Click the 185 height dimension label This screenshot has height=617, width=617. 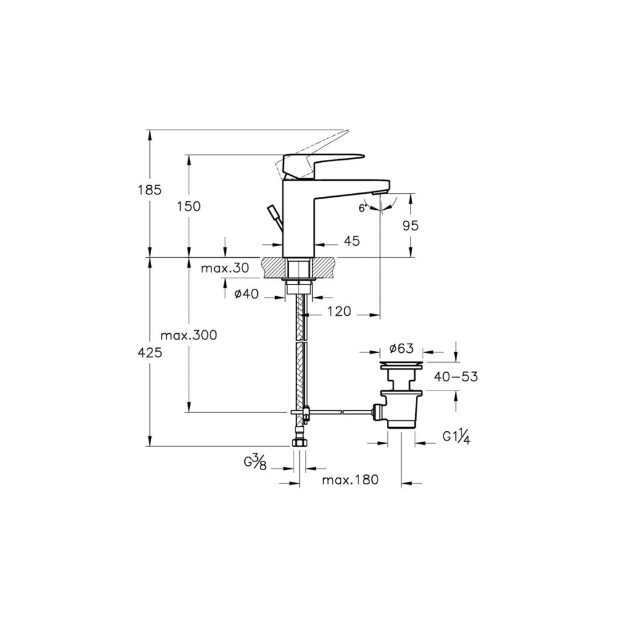149,190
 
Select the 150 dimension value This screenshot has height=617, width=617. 189,206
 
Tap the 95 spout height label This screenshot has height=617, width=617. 411,226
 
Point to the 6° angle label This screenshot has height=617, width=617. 363,208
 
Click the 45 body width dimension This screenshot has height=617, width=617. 352,241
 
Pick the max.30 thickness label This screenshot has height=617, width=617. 225,268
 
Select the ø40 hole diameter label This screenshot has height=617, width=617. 247,294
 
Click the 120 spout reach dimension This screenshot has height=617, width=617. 339,312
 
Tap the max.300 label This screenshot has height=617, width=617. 189,335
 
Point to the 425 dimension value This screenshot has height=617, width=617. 150,353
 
